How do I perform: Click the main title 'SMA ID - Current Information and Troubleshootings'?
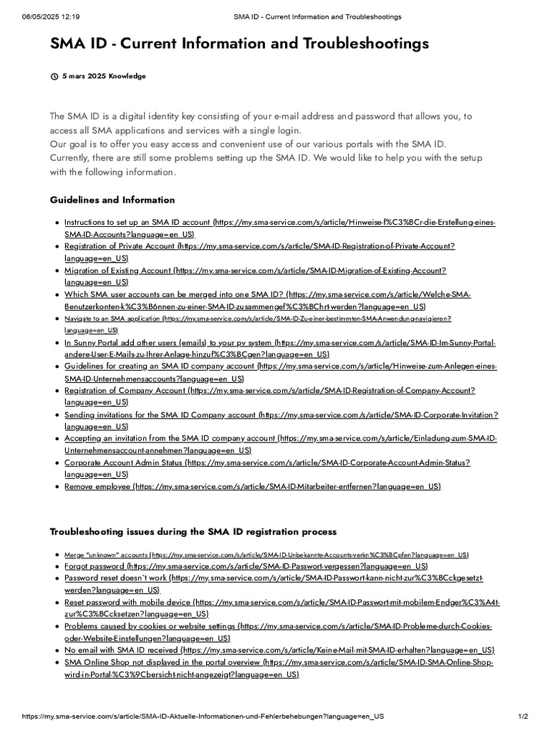239,44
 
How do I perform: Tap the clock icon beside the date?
54,76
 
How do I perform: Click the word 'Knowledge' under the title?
127,76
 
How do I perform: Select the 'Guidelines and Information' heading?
112,200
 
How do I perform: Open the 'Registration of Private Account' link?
120,246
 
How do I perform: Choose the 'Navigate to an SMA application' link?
112,319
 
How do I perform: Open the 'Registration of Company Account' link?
125,391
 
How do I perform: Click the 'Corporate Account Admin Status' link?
124,462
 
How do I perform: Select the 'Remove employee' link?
97,487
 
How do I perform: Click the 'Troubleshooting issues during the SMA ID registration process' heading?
193,532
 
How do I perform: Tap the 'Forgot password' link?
95,566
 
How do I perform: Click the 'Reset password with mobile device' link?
127,603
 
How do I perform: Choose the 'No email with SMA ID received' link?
122,650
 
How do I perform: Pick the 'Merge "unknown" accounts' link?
107,555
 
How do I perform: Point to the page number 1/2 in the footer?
523,717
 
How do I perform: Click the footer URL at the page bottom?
203,717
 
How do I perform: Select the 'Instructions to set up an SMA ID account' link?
137,223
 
